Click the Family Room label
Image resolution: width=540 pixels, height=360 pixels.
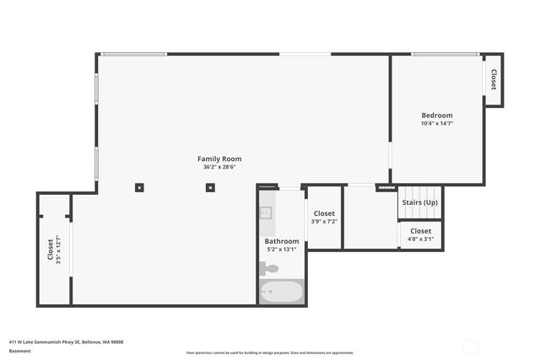[x=219, y=159]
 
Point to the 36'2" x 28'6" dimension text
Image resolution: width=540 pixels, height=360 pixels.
[x=219, y=167]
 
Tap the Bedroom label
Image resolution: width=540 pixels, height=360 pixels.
[x=437, y=116]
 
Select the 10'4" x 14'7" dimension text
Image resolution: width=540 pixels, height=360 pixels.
[x=437, y=124]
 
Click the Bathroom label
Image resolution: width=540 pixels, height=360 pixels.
[x=281, y=241]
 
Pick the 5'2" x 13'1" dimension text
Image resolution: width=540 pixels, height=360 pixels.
[x=281, y=250]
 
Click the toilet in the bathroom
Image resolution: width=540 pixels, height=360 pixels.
[x=268, y=269]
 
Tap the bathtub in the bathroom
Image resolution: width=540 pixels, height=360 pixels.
[x=281, y=293]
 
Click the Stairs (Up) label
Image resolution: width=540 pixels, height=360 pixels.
[x=419, y=203]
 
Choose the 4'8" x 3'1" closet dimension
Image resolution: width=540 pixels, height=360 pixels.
[x=420, y=239]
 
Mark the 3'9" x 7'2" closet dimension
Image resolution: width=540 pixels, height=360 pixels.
[x=324, y=222]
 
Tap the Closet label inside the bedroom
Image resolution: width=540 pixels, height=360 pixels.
[x=494, y=80]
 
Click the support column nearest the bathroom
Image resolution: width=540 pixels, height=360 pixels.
[x=208, y=186]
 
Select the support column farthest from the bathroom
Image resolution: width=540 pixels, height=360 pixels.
[x=139, y=186]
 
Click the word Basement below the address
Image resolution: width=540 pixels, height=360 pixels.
[x=20, y=351]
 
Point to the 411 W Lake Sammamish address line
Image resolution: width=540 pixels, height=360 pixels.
[x=67, y=341]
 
